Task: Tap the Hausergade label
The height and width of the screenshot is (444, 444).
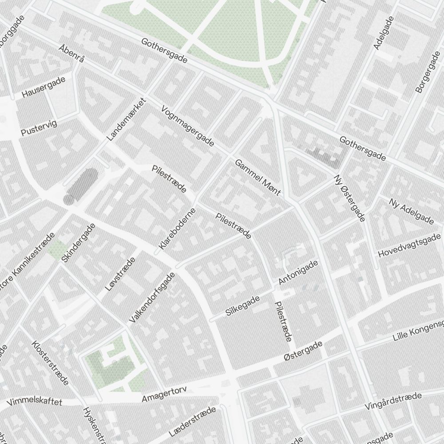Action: (44, 87)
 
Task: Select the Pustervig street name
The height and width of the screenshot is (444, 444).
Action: (39, 128)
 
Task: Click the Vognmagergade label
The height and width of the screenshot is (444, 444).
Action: (188, 126)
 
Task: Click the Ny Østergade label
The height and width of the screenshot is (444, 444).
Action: (349, 198)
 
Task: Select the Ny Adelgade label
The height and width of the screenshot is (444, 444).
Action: (411, 210)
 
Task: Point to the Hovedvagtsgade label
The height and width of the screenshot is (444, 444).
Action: (409, 245)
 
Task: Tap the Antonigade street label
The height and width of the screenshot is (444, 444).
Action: (298, 273)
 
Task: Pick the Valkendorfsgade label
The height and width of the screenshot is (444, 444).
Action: (152, 297)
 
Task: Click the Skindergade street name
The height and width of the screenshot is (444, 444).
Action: (79, 242)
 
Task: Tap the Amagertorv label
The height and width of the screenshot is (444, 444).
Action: (164, 394)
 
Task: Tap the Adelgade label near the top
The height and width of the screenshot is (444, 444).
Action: (384, 33)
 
